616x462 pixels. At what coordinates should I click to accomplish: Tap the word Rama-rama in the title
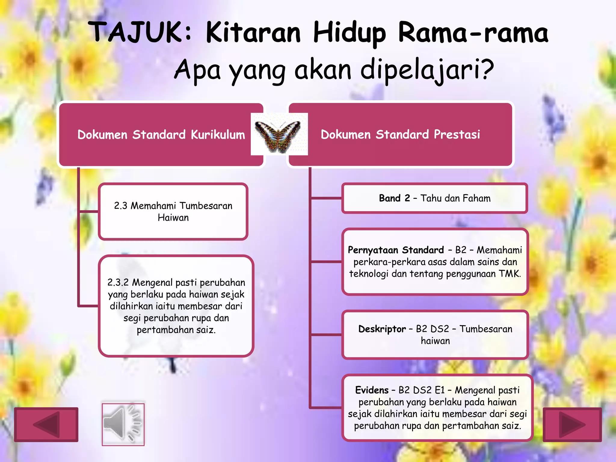point(473,32)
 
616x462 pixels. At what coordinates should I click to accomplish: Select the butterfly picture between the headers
point(279,134)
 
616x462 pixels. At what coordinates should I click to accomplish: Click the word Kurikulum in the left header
point(218,135)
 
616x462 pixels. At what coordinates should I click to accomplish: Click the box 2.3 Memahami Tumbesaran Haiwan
point(173,211)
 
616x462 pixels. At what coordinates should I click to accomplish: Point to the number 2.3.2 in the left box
point(118,282)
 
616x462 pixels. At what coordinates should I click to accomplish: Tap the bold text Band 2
point(394,198)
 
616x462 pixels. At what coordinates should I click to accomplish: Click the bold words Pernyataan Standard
point(396,250)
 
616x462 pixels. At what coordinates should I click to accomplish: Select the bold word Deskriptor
point(382,329)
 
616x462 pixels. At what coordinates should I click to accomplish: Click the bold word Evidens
point(372,390)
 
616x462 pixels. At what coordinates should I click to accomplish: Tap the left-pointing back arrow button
point(46,424)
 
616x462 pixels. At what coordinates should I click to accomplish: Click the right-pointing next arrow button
point(572,424)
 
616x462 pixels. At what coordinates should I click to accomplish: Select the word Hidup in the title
point(349,32)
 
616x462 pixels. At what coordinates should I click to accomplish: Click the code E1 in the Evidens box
point(439,390)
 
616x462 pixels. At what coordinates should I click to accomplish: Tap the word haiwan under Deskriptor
point(435,341)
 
